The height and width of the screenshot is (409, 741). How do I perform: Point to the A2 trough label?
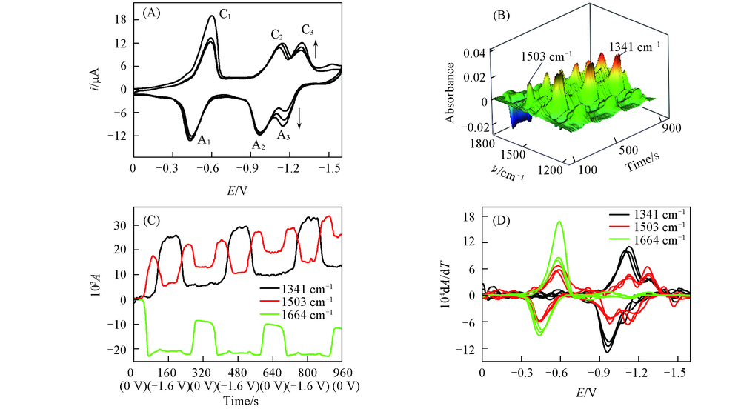[x=258, y=145]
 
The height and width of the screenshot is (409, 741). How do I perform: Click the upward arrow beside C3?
[x=316, y=49]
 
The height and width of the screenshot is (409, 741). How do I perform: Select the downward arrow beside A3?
[x=299, y=117]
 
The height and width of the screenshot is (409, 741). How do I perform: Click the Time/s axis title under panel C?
[x=237, y=401]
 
